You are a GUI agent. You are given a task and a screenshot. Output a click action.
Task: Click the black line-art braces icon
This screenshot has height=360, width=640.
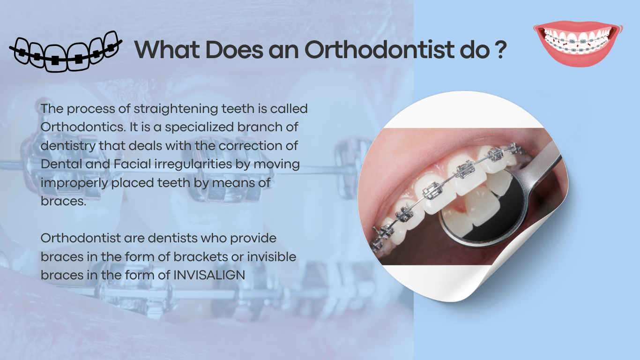pos(66,52)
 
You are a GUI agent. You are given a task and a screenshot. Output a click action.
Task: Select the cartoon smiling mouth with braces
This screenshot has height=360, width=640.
pos(578,43)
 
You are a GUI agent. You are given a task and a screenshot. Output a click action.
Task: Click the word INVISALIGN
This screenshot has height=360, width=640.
pos(209,275)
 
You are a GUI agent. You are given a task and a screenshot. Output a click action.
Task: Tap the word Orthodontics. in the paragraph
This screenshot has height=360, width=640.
pos(83,127)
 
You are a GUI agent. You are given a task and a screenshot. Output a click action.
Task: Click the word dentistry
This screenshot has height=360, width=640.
pos(68,146)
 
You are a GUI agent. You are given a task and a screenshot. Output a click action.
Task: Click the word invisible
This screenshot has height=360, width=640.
pos(272,256)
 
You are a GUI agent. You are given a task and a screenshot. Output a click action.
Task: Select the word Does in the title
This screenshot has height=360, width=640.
pos(234,49)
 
